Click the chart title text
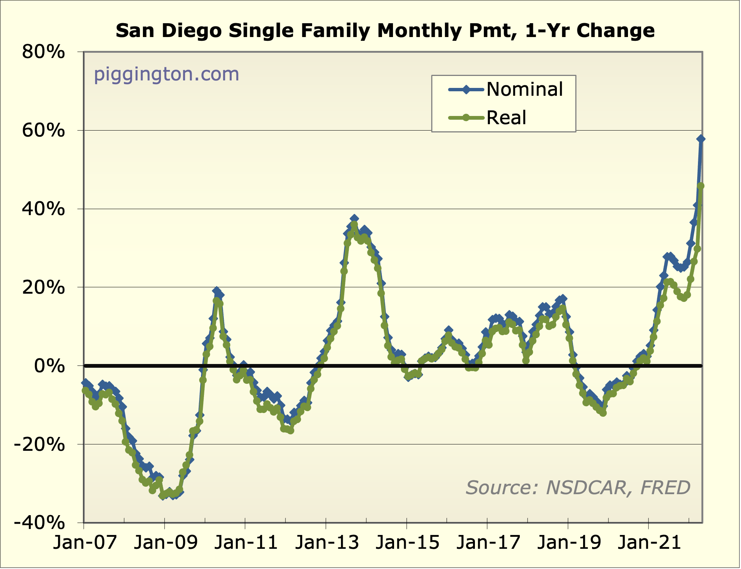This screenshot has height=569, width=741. pos(385,31)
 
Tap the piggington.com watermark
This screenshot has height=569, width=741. pos(166,74)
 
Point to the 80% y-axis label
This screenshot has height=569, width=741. pos(43,52)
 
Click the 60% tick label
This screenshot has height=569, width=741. pos(43,131)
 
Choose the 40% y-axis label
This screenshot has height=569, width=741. pos(43,209)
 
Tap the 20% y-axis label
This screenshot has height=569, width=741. pos(43,288)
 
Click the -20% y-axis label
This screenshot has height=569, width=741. pos(39,445)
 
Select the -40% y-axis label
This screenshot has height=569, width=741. pos(39,523)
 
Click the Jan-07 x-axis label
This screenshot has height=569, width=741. pos(85,542)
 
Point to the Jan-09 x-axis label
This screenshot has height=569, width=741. pos(165,542)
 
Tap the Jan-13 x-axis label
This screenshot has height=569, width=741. pos(327,542)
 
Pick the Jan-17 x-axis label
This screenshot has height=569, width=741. pos(488,542)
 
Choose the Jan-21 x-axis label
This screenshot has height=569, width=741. pos(649,542)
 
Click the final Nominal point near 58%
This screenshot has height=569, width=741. pos(701,139)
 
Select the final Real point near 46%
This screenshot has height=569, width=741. pos(701,186)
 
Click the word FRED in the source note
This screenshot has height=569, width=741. pos(665,488)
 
